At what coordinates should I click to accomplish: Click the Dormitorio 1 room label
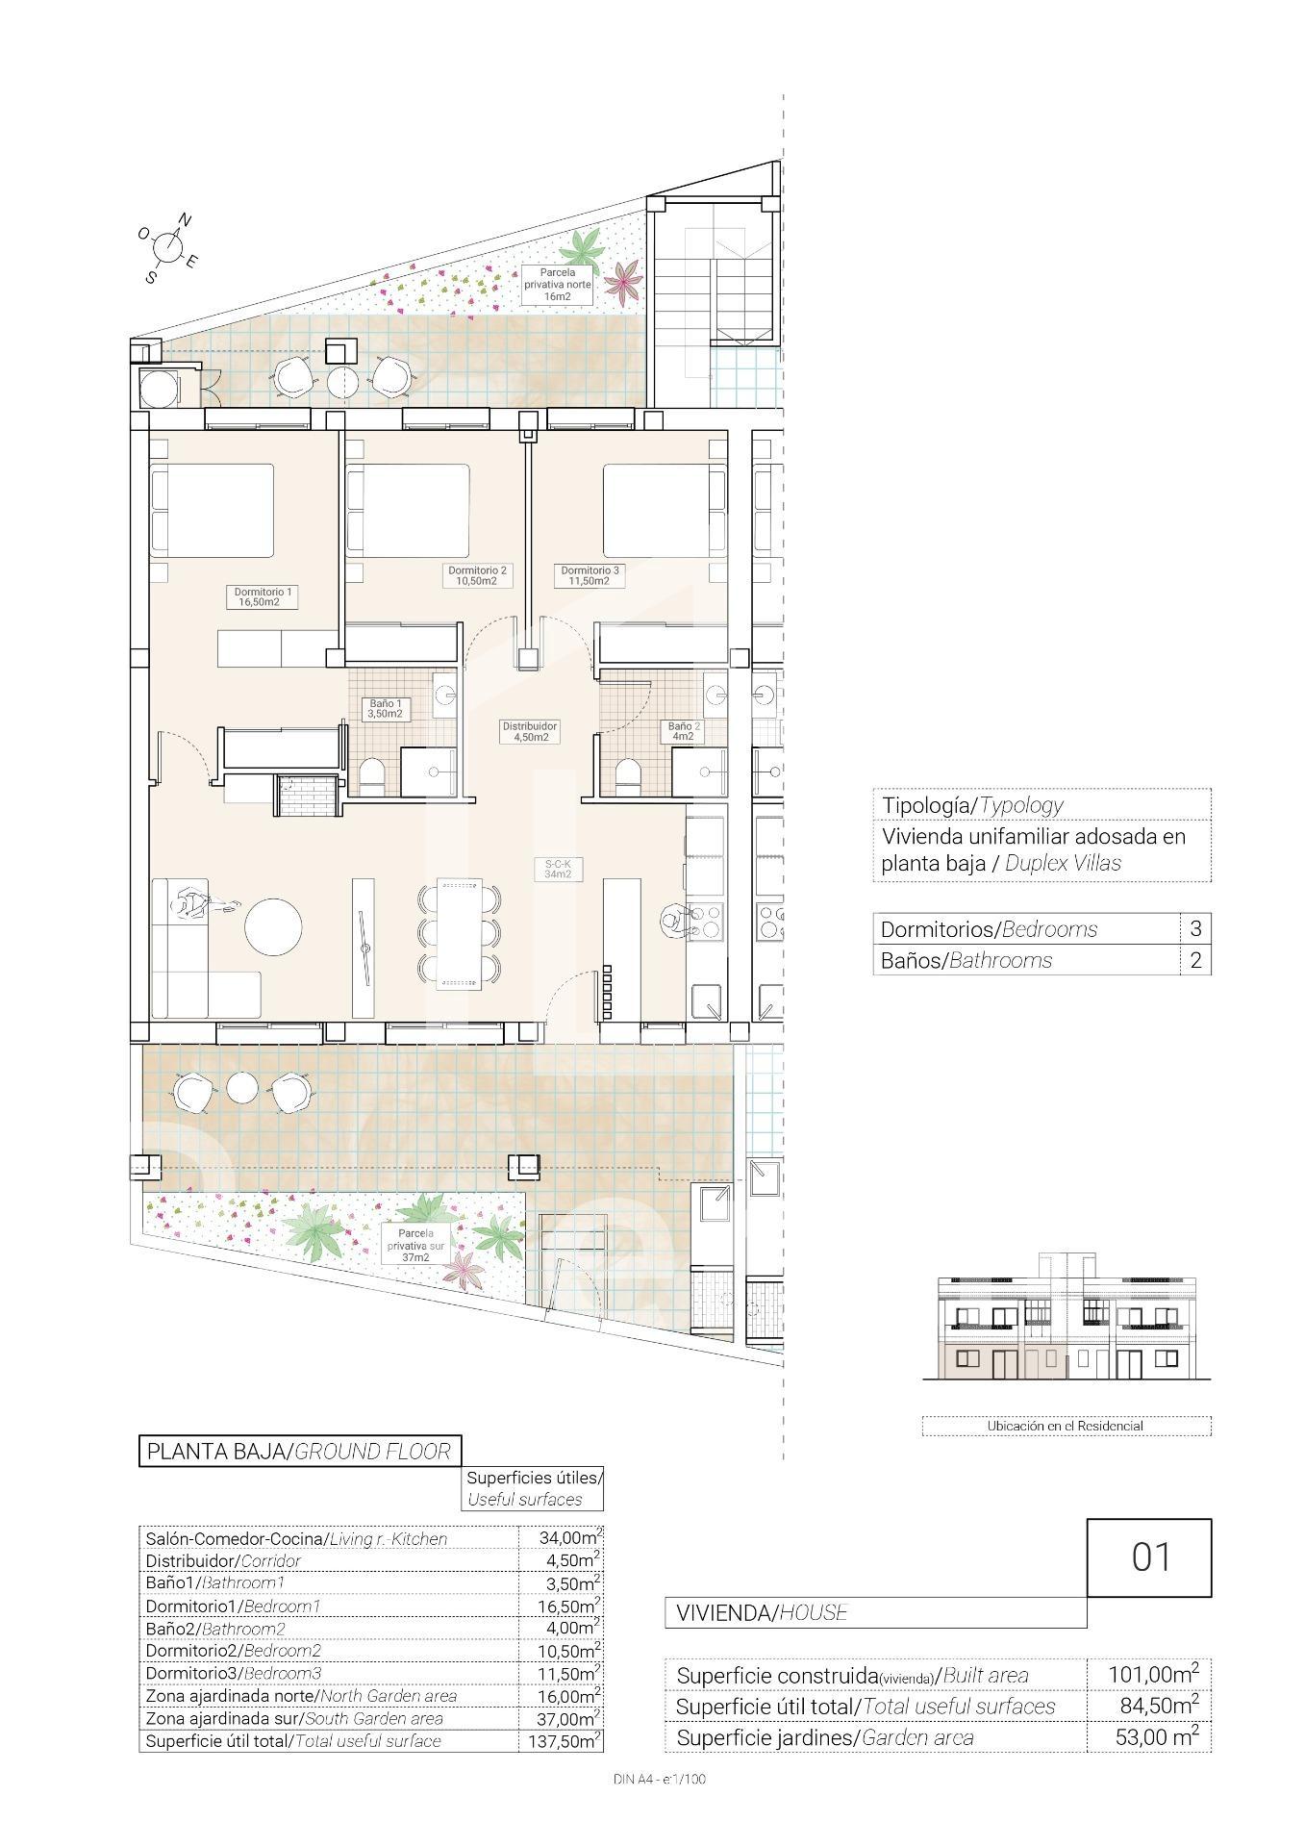tap(259, 596)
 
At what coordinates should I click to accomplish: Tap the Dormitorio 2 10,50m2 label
tap(477, 575)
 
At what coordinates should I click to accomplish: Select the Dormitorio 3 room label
tap(590, 575)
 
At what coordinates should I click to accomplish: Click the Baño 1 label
tap(386, 708)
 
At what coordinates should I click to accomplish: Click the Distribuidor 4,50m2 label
tap(530, 731)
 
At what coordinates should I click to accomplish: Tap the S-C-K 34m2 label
tap(558, 869)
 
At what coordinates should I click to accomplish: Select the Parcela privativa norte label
tap(557, 284)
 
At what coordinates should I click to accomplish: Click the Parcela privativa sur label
tap(415, 1244)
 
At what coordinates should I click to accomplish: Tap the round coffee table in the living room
tap(273, 927)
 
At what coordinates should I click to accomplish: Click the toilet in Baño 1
tap(372, 775)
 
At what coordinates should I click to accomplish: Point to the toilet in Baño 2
tap(627, 775)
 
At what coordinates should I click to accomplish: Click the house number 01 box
tap(1148, 1556)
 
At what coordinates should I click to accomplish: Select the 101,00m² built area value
tap(1153, 1674)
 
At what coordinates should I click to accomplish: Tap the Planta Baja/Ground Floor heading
tap(299, 1451)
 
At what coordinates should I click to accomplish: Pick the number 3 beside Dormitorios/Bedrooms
tap(1195, 928)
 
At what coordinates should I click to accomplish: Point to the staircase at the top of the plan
tap(716, 298)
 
